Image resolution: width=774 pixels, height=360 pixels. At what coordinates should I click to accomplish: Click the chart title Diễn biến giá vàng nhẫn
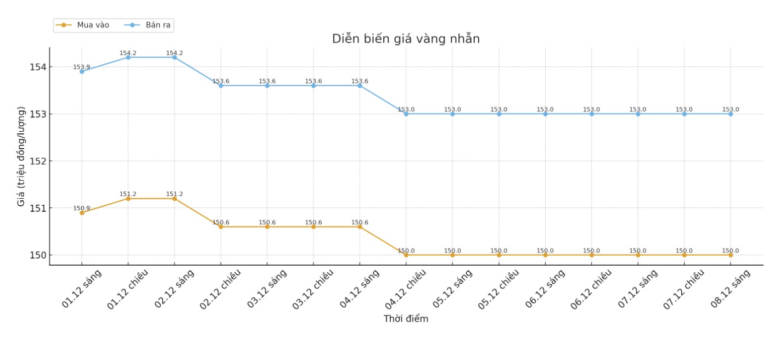(x=406, y=39)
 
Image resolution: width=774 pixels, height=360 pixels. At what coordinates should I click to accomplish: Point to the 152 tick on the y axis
(x=38, y=161)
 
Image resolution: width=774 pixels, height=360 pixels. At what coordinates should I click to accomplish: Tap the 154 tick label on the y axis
(x=38, y=67)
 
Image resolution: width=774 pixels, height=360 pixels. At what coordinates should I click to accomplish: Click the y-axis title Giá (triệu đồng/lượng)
(x=21, y=156)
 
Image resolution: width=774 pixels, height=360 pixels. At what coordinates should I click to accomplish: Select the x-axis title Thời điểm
(x=406, y=319)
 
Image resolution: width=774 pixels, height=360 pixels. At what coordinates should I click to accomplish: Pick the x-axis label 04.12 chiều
(x=405, y=289)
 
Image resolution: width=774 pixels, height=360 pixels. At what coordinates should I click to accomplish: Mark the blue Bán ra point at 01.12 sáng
(x=82, y=71)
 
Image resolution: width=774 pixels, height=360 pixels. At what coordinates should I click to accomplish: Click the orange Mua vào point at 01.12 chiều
(x=128, y=199)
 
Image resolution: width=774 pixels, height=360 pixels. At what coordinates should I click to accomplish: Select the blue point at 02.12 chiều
(x=221, y=86)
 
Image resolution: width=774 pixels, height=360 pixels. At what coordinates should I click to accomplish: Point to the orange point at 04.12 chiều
(x=406, y=255)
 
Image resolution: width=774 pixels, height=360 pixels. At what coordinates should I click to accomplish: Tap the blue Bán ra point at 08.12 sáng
(x=731, y=114)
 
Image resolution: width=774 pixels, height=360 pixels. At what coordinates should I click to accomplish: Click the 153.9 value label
(x=82, y=67)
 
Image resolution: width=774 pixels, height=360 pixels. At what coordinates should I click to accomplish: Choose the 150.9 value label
(x=82, y=208)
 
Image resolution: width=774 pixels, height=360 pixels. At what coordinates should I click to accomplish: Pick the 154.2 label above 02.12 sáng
(x=175, y=53)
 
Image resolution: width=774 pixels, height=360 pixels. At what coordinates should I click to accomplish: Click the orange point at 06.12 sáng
(x=545, y=255)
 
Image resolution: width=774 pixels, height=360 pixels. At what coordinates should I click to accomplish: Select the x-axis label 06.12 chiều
(x=591, y=289)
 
